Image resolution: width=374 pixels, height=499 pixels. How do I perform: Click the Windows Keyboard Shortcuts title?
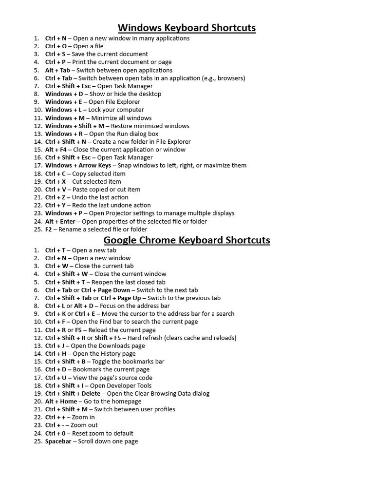pos(187,28)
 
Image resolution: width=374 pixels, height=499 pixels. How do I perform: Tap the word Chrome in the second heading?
pos(161,240)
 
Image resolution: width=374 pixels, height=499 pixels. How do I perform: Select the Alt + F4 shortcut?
pos(56,150)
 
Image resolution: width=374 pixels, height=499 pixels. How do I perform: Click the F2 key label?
pos(48,229)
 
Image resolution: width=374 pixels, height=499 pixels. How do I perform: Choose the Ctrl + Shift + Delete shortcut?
pos(73,393)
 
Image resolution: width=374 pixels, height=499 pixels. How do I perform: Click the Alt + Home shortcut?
pos(61,401)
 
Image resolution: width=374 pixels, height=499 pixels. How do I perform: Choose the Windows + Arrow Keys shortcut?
pos(78,165)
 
